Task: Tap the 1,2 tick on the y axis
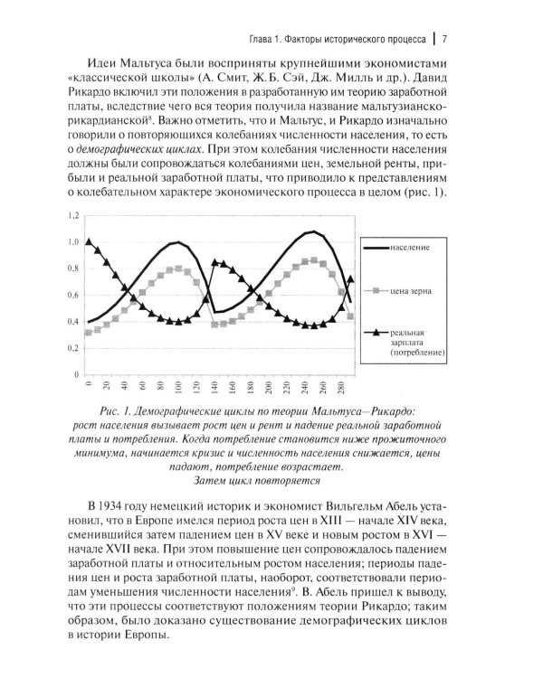[72, 214]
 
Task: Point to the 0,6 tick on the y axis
[72, 295]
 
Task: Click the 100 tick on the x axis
[179, 387]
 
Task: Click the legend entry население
[410, 246]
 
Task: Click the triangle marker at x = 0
[88, 241]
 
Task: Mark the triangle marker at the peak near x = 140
[214, 263]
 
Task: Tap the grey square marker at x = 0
[88, 333]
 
